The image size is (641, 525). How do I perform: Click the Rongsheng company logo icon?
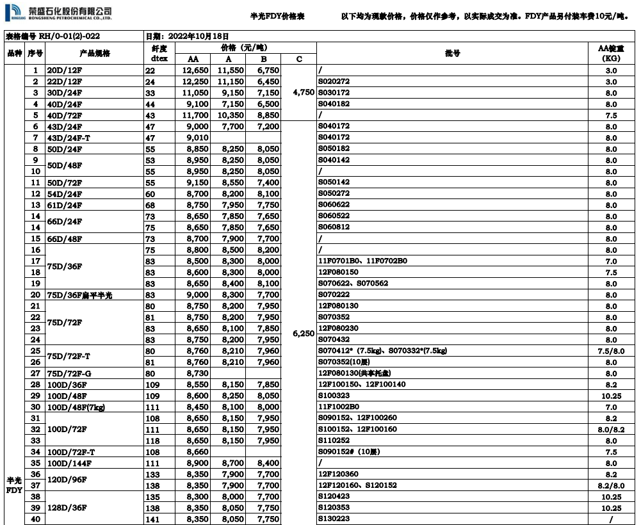pyautogui.click(x=15, y=12)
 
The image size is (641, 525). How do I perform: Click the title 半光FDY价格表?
pyautogui.click(x=277, y=16)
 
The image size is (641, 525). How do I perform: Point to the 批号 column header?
pyautogui.click(x=452, y=53)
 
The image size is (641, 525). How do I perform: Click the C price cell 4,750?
pyautogui.click(x=299, y=93)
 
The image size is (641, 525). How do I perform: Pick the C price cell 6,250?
pyautogui.click(x=299, y=334)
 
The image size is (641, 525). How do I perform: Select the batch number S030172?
pyautogui.click(x=334, y=93)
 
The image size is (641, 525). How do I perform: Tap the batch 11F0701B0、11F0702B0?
pyautogui.click(x=362, y=261)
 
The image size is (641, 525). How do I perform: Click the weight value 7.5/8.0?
pyautogui.click(x=611, y=351)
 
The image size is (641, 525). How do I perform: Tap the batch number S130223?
pyautogui.click(x=334, y=519)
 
